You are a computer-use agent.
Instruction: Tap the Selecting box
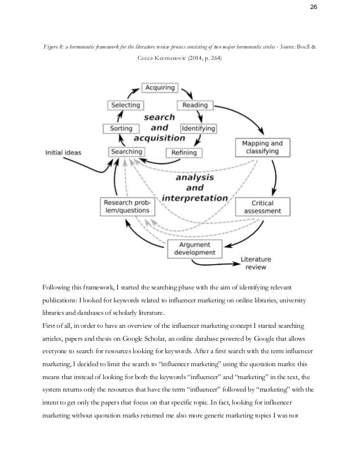point(126,105)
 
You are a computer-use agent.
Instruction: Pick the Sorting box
point(121,128)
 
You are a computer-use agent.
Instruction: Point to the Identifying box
point(198,128)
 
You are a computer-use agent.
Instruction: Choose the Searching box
point(126,151)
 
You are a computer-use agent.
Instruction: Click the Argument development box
point(195,248)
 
